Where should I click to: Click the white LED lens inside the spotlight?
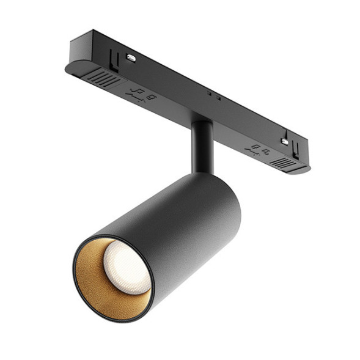click(125, 266)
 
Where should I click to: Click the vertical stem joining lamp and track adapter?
click(201, 147)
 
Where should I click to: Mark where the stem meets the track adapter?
click(201, 123)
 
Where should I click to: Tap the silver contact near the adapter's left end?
click(130, 57)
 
